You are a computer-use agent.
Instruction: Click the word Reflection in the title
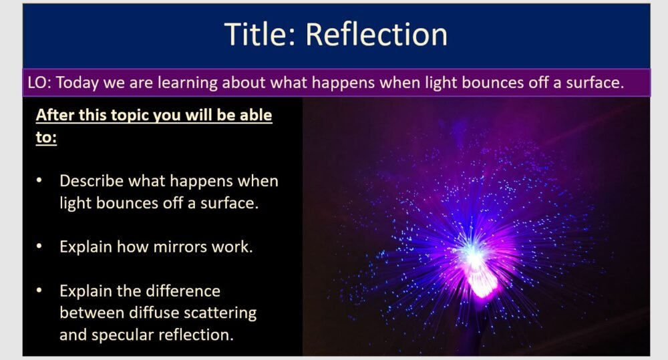click(377, 34)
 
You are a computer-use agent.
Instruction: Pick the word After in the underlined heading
click(55, 115)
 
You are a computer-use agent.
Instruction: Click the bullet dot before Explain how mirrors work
click(40, 246)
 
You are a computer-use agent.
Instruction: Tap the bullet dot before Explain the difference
click(40, 291)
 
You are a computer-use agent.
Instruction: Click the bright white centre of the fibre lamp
click(472, 254)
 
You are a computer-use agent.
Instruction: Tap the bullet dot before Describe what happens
click(40, 181)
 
